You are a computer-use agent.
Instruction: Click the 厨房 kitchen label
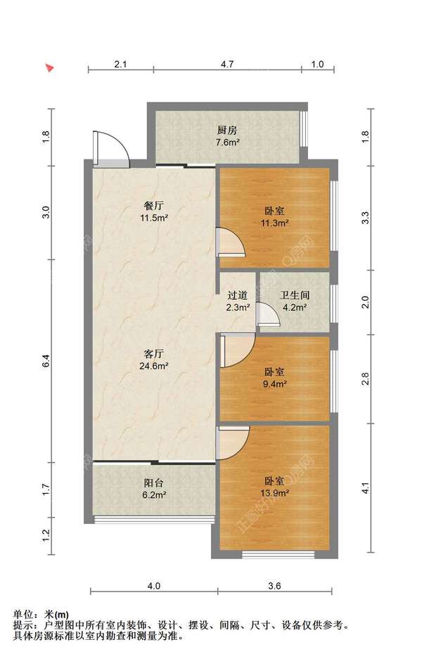point(226,129)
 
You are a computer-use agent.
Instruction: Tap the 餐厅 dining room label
point(154,207)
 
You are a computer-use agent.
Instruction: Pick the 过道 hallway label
point(238,296)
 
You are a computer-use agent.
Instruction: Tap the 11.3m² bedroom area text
point(275,223)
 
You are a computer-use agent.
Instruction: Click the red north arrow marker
point(50,68)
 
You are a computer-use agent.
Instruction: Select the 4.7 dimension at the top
point(227,64)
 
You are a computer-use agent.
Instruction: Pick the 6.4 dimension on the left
point(46,361)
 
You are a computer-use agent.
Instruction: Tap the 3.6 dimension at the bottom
point(274,586)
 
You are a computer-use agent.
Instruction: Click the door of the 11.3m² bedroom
point(231,242)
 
